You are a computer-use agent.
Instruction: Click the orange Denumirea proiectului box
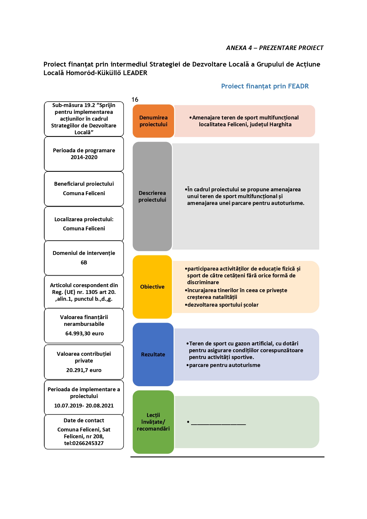tap(153, 121)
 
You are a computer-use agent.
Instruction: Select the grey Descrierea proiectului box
tap(152, 196)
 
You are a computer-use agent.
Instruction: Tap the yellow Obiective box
tap(152, 287)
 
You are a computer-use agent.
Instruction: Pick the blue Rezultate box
tap(153, 354)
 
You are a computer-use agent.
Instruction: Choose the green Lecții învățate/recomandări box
tap(153, 422)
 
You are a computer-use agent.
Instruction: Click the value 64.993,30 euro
tap(84, 333)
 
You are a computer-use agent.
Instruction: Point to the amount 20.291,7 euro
tap(84, 370)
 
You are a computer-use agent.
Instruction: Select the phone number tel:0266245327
tap(84, 443)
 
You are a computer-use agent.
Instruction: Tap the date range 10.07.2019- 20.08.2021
tap(84, 405)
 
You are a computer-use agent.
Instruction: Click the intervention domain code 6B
tap(84, 262)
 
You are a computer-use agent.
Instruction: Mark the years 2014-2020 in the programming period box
tap(84, 157)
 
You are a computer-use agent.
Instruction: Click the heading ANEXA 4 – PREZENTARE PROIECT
tap(275, 48)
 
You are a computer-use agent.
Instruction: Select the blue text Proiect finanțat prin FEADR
tap(265, 86)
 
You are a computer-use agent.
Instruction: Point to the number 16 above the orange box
tap(135, 99)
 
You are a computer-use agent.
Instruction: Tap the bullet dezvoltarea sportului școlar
tap(222, 305)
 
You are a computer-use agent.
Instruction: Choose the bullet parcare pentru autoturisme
tap(223, 365)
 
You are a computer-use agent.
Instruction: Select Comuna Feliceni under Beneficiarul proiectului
tap(84, 193)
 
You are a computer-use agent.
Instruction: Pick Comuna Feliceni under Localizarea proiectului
tap(84, 228)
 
